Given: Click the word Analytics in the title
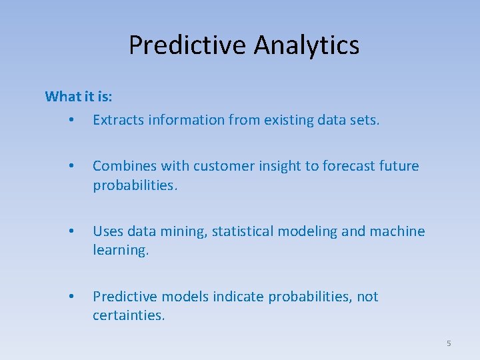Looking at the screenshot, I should point(306,45).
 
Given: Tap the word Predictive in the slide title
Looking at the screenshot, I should point(188,45).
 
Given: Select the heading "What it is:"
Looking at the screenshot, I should point(79,97).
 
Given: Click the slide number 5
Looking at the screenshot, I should point(449,343).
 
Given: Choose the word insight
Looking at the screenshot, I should point(275,166).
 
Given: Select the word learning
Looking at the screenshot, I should point(120,250).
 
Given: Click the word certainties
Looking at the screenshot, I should point(128,315).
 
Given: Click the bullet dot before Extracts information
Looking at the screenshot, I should point(70,121).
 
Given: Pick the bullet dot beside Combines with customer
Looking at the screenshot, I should point(70,167).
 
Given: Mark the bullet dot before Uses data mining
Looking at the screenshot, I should point(70,232).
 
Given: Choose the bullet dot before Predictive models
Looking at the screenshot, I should point(70,297).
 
